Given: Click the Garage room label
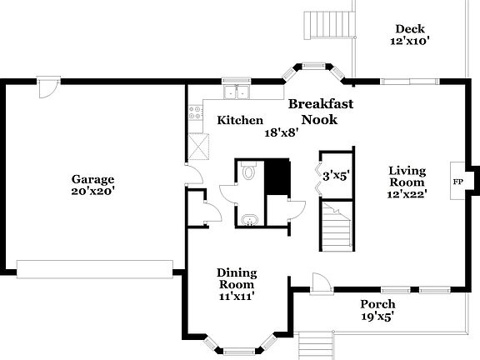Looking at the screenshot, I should tap(92, 179).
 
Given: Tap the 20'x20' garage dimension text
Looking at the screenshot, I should tap(92, 191).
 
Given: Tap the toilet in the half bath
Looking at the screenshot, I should tap(248, 173).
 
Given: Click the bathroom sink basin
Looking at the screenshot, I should tap(248, 219).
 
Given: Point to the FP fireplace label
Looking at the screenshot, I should tap(457, 181).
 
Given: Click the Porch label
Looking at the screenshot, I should tap(377, 303).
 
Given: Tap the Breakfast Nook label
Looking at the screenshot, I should tap(321, 112).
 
